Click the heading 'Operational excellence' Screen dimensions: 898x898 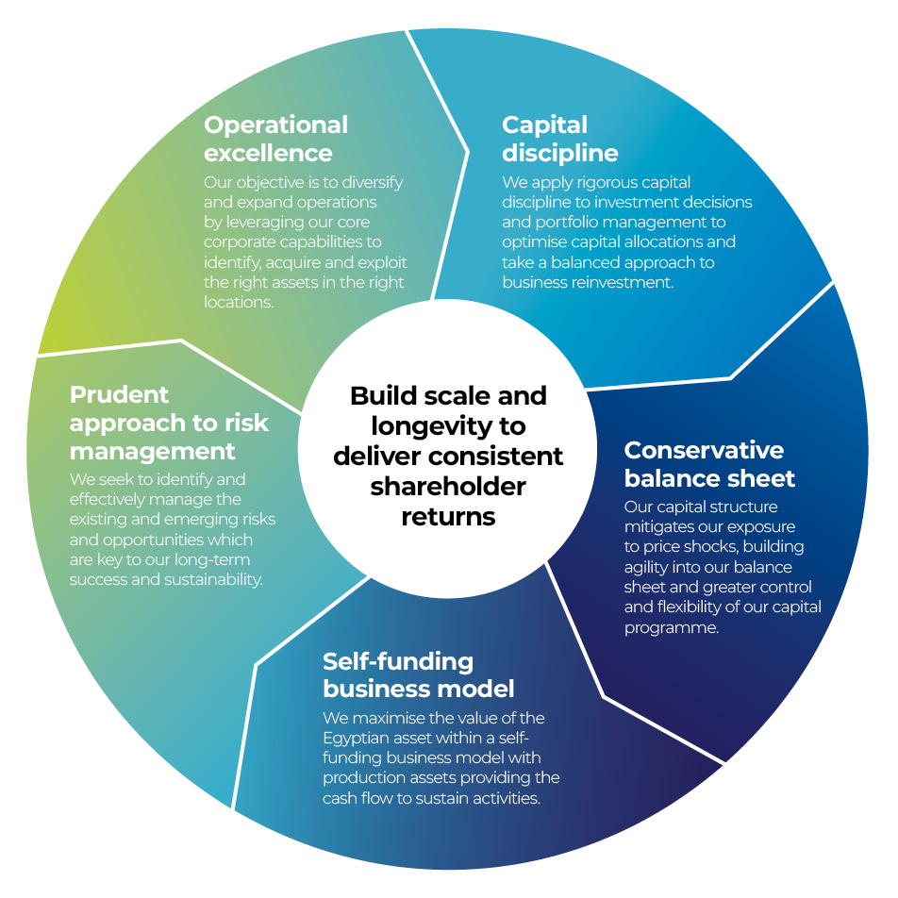coord(275,139)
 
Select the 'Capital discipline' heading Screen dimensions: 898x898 coord(559,139)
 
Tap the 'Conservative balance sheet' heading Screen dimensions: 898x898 coord(709,463)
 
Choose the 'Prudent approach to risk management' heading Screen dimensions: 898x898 coord(169,423)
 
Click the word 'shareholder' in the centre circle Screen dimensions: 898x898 coord(448,487)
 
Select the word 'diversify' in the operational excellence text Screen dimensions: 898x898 coord(371,182)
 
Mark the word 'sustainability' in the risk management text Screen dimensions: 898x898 coord(216,579)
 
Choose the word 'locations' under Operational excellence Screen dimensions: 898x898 coord(238,302)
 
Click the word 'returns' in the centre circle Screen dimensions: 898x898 coord(448,517)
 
